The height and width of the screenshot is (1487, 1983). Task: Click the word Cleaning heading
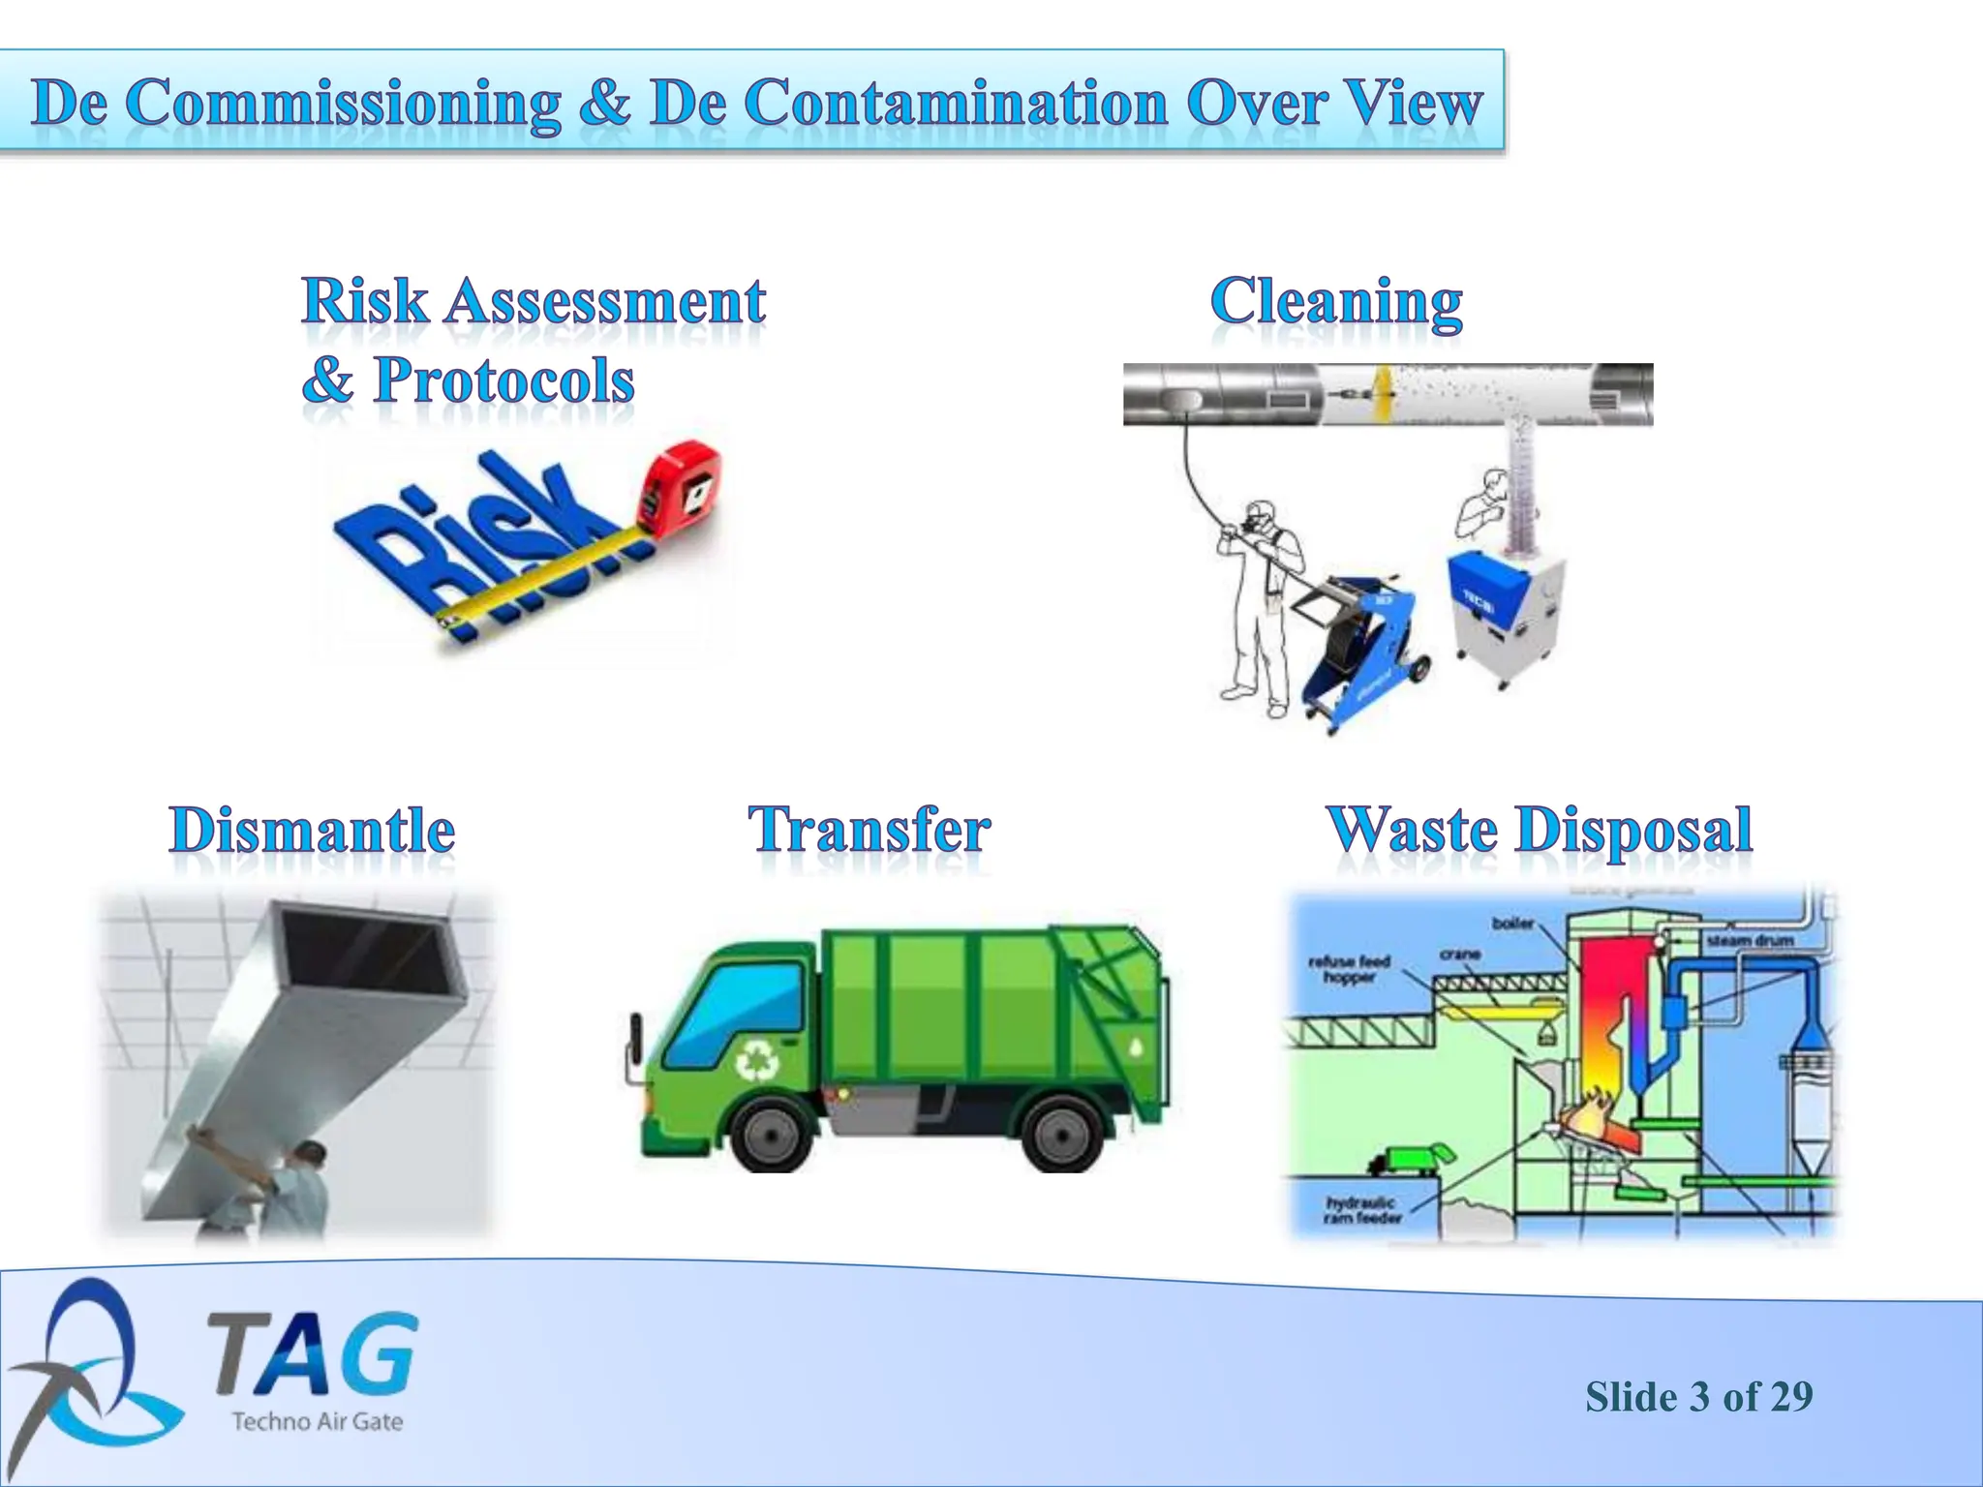coord(1336,302)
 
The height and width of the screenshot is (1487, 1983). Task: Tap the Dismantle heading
coord(312,831)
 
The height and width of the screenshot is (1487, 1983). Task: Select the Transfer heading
coord(869,831)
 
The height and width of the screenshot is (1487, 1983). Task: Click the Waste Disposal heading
coord(1539,831)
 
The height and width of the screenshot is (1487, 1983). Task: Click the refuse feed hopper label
coord(1349,969)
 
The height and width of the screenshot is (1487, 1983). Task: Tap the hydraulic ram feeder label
coord(1360,1210)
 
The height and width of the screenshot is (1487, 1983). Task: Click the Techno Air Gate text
coord(317,1421)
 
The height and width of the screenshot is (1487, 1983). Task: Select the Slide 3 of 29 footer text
coord(1698,1397)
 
